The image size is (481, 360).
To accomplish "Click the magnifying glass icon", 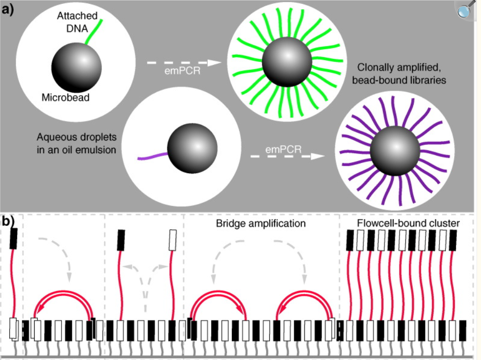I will (x=468, y=10).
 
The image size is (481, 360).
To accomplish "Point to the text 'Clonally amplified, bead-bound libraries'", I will (x=402, y=74).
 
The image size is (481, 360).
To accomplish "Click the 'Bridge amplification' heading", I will (x=261, y=223).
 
